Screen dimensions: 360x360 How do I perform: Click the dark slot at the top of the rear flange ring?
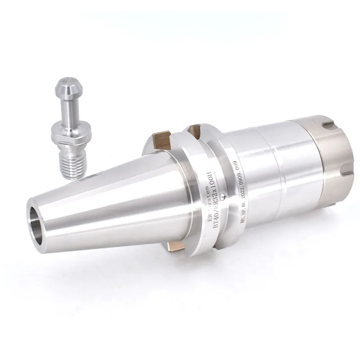(195, 131)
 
